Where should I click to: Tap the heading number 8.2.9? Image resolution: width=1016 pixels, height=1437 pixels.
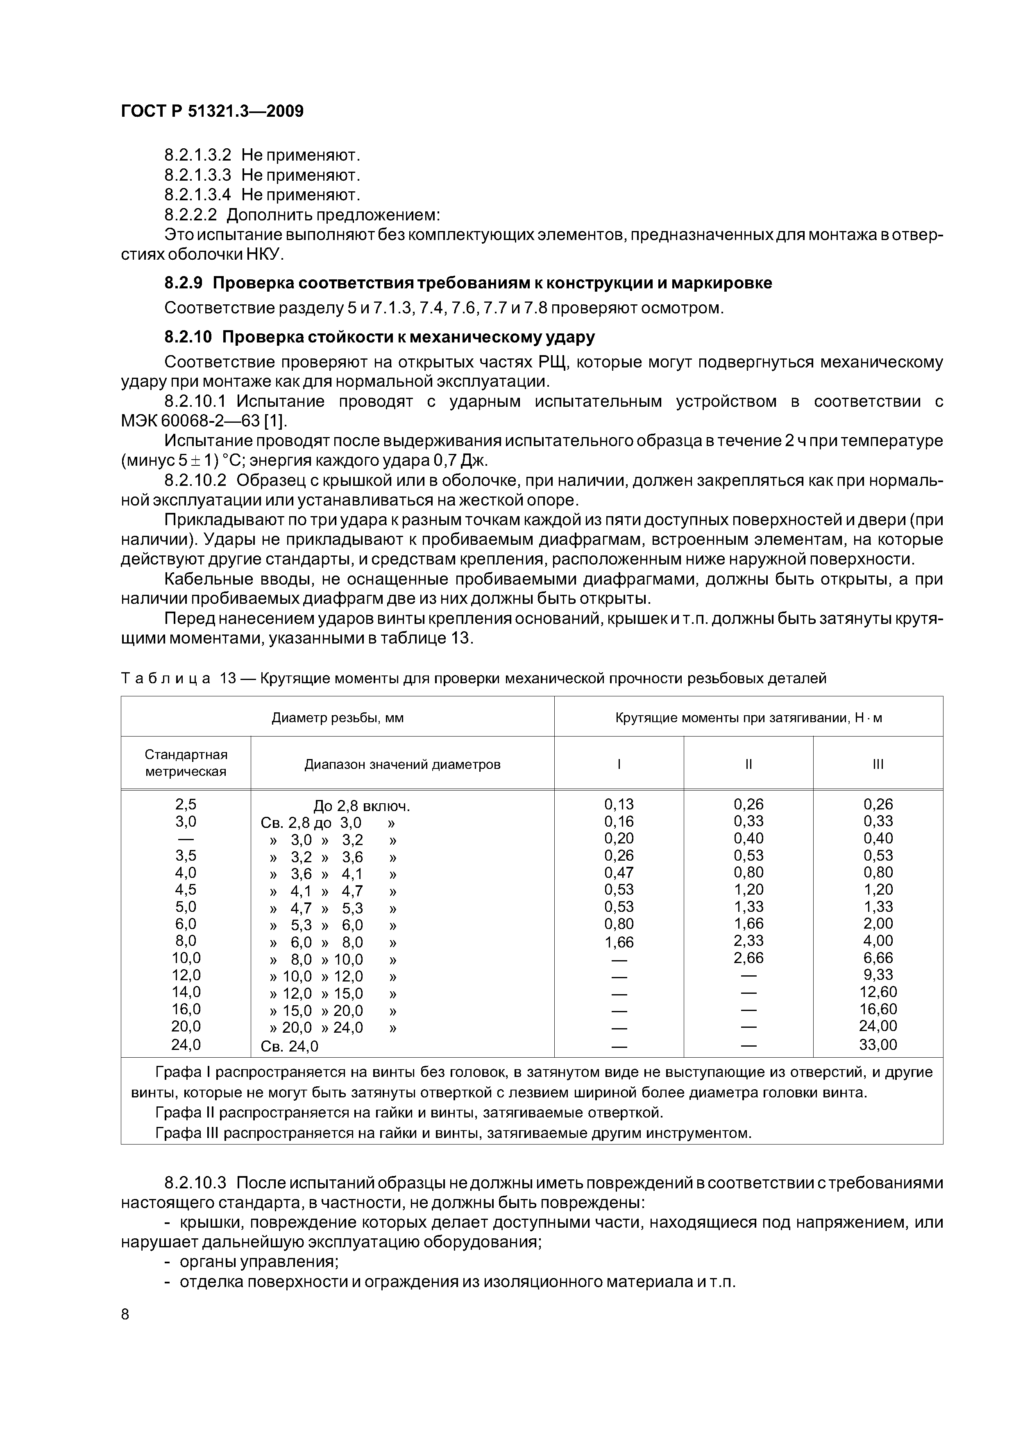click(x=184, y=283)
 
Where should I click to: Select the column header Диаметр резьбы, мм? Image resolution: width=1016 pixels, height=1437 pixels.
click(x=338, y=718)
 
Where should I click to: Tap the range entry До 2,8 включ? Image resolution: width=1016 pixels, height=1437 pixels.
click(x=361, y=806)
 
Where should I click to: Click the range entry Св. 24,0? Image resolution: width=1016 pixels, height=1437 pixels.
click(x=289, y=1046)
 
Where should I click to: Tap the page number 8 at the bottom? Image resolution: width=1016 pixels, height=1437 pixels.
click(x=125, y=1315)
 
